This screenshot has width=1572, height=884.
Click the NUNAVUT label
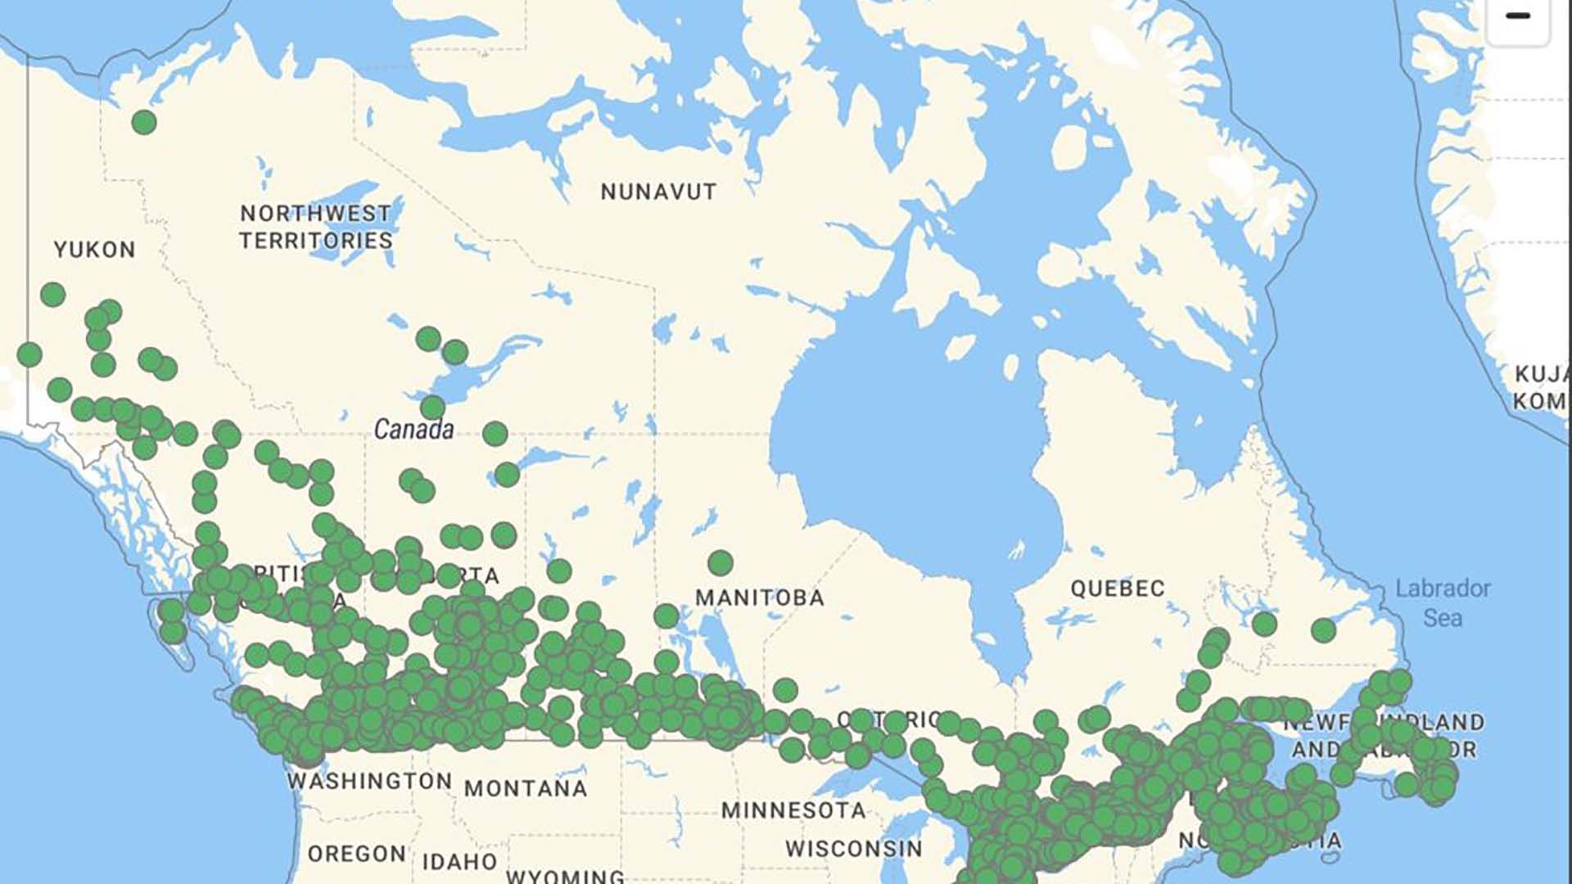tap(658, 192)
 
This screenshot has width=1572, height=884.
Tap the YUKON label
tap(95, 250)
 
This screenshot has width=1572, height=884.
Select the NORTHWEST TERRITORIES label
tap(316, 227)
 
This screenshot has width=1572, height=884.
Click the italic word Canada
tap(413, 429)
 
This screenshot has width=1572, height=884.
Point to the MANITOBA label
tap(760, 598)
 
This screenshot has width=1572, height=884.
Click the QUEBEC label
tap(1118, 589)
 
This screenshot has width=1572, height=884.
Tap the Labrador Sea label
tap(1443, 602)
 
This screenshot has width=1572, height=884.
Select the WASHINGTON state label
tap(370, 781)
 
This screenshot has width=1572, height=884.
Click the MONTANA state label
tap(526, 789)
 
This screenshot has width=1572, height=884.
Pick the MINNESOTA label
tap(793, 810)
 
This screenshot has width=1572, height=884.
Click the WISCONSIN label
tap(854, 849)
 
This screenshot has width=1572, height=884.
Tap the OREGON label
tap(357, 854)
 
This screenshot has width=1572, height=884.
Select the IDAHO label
tap(460, 862)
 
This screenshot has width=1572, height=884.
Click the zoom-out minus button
tap(1517, 16)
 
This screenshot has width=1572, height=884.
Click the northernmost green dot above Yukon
tap(144, 123)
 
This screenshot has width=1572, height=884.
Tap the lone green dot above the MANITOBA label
tap(720, 562)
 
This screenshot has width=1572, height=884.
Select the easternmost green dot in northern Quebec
tap(1324, 630)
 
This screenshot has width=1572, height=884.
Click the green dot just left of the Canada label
tap(432, 407)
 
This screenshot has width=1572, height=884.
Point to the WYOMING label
tap(565, 876)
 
